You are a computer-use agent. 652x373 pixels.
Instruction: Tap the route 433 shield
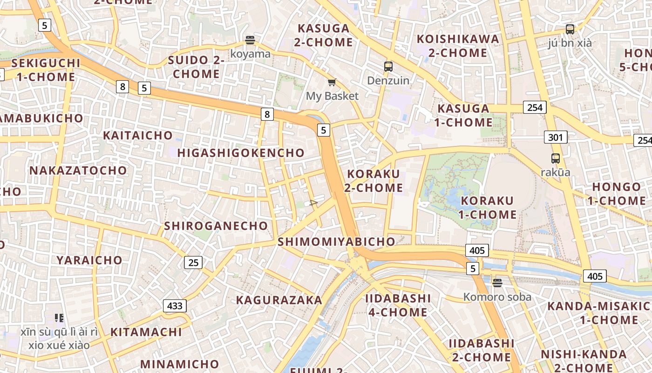pos(175,306)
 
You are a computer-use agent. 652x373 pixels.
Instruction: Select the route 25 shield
pos(193,262)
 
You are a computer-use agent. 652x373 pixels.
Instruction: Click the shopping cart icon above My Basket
pos(332,83)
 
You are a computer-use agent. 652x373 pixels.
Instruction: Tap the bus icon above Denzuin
pos(388,67)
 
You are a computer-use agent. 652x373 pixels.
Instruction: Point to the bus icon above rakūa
pos(555,158)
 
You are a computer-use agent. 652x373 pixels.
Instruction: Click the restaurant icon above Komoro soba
pos(497,283)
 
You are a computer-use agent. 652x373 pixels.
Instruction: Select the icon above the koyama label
pos(250,40)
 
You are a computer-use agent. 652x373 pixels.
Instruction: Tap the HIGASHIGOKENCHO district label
pos(241,153)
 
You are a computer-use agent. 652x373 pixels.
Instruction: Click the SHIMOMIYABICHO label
pos(336,242)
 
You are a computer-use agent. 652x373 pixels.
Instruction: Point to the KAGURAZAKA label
pos(279,300)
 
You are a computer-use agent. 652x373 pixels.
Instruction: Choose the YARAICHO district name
pos(89,260)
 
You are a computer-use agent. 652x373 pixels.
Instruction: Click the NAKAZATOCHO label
pos(78,171)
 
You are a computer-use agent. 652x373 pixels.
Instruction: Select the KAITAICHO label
pos(138,136)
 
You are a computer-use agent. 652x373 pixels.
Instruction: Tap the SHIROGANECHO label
pos(216,226)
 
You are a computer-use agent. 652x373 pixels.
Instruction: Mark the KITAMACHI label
pos(146,332)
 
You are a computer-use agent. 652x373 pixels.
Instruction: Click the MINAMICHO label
pos(180,364)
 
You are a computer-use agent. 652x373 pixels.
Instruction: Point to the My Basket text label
pos(332,96)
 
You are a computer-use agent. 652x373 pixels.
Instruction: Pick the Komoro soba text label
pos(497,297)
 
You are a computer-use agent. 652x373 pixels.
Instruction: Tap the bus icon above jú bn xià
pos(570,29)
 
